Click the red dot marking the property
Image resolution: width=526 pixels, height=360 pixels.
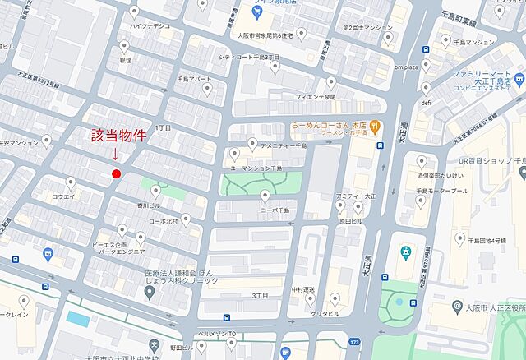click(116, 173)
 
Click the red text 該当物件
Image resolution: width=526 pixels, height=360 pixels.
click(119, 136)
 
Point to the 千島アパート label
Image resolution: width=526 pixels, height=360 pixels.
click(194, 80)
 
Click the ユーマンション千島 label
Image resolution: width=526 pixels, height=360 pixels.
click(256, 168)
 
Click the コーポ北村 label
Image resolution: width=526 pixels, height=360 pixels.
click(163, 221)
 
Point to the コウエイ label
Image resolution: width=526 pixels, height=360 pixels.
click(63, 196)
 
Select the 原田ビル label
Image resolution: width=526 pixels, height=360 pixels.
click(350, 221)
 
